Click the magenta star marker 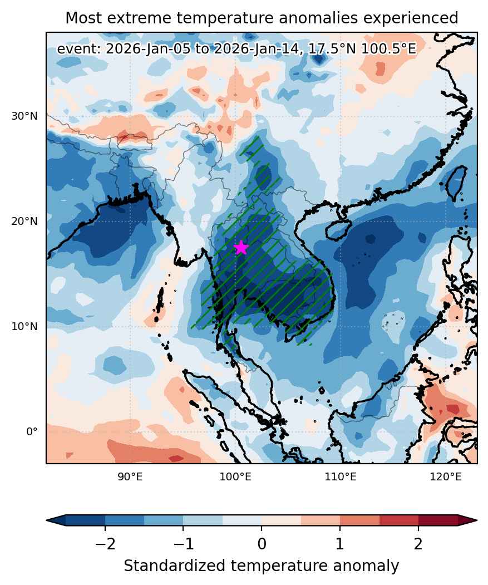coord(241,247)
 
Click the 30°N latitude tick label coord(24,116)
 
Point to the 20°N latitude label coord(24,221)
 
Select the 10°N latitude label coord(24,326)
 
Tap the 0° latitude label coord(32,432)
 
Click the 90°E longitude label coord(130,476)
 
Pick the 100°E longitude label coord(235,476)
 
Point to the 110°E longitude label coord(340,476)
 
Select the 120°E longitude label coord(446,476)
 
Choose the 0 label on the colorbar coord(262,544)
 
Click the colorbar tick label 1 coord(340,544)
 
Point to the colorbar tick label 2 coord(418,544)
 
